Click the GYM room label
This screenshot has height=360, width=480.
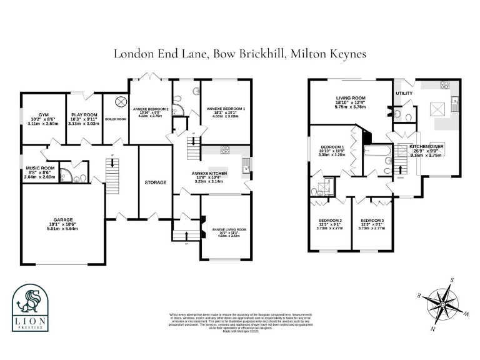coord(43,116)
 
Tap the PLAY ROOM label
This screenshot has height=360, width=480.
coord(84,116)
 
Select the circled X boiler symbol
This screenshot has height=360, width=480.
coord(120,101)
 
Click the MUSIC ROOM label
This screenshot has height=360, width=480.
coord(40,168)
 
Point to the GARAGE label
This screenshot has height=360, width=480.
coord(62,220)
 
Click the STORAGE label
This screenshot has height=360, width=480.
coord(155,182)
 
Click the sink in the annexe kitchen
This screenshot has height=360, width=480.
coord(247,164)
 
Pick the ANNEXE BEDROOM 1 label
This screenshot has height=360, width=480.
coord(226,109)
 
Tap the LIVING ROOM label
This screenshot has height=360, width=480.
coord(351,98)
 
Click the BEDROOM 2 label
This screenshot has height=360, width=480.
coord(330,221)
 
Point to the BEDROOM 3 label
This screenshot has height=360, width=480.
coord(372,221)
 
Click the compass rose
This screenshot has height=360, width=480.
coord(441,299)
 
